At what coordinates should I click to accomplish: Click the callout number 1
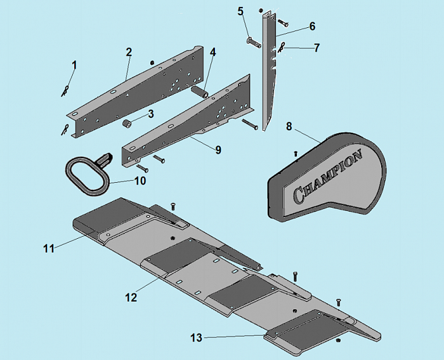[x=74, y=65]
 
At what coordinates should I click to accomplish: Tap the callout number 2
[x=129, y=52]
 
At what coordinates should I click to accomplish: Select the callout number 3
[x=151, y=114]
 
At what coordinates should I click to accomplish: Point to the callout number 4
[x=212, y=52]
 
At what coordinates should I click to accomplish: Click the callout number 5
[x=240, y=11]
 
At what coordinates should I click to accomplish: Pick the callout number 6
[x=312, y=26]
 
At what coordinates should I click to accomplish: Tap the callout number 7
[x=317, y=48]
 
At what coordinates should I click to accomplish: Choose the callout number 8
[x=289, y=126]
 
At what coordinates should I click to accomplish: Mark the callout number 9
[x=218, y=150]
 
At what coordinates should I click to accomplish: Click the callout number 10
[x=140, y=180]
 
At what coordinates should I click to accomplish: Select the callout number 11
[x=49, y=249]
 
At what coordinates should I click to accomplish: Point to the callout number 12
[x=131, y=297]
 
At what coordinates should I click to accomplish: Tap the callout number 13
[x=197, y=338]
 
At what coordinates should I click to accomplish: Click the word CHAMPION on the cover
[x=328, y=177]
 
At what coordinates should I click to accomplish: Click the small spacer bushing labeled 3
[x=126, y=124]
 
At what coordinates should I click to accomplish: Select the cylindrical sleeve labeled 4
[x=200, y=92]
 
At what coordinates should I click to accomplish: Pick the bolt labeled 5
[x=254, y=43]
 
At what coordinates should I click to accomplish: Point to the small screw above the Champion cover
[x=296, y=154]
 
